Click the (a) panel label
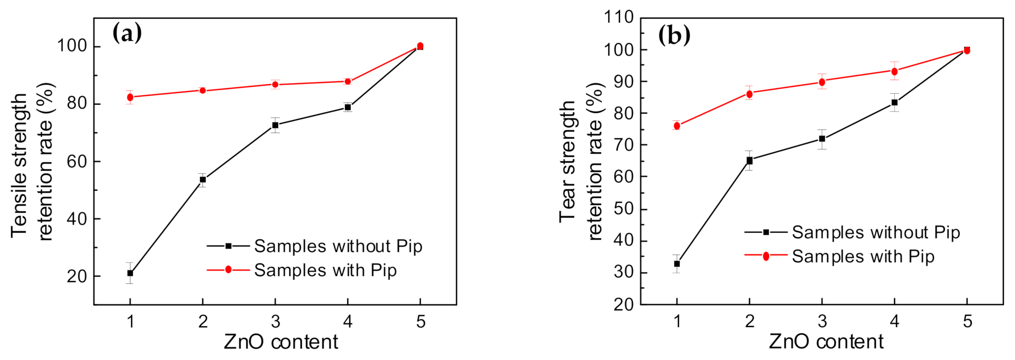click(x=127, y=33)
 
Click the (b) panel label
click(x=674, y=35)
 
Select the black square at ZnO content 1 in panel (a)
click(x=130, y=273)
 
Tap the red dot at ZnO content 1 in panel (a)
click(x=130, y=97)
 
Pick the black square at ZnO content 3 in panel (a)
click(x=275, y=125)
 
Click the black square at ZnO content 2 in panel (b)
click(x=749, y=160)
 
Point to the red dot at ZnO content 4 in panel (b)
click(x=894, y=71)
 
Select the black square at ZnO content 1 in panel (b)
click(x=677, y=264)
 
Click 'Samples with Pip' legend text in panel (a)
click(x=325, y=270)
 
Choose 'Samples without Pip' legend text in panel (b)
click(x=876, y=232)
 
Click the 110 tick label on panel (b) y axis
click(x=618, y=17)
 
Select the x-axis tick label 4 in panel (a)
click(x=348, y=322)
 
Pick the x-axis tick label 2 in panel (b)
click(x=749, y=322)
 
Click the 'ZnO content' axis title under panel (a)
click(x=280, y=342)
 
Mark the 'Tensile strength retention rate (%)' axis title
click(x=32, y=162)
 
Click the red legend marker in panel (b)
click(x=766, y=256)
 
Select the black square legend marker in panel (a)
click(x=228, y=246)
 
